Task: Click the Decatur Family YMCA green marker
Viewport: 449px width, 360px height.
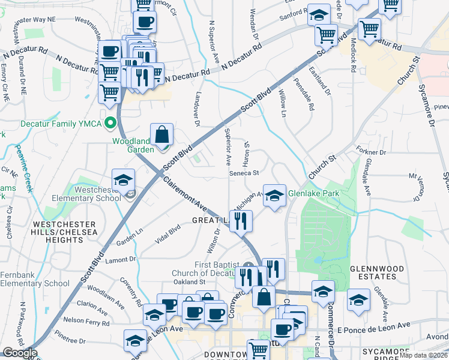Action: click(x=110, y=124)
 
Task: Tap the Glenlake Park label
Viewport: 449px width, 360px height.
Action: click(x=314, y=194)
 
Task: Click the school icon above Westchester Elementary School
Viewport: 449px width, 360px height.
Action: click(x=124, y=180)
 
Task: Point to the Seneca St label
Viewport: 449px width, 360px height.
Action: click(x=244, y=173)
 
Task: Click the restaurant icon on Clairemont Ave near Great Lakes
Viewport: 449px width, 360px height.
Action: click(x=241, y=220)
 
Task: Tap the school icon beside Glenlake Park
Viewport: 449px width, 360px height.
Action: click(x=274, y=195)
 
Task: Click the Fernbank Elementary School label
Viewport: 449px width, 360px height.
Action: click(x=35, y=279)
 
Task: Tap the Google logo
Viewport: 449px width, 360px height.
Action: click(x=19, y=353)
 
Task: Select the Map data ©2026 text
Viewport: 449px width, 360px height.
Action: click(x=423, y=355)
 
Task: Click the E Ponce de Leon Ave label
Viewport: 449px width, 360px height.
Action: click(x=373, y=328)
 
